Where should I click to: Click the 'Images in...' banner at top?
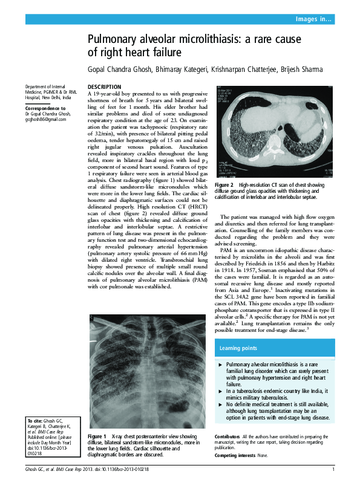tap(313, 19)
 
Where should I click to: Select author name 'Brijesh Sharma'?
tap(301, 70)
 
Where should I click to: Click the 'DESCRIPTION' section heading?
tap(105, 87)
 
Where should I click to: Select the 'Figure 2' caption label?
tap(224, 184)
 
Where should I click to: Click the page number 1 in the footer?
tap(333, 469)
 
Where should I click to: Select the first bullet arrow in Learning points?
tap(220, 365)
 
